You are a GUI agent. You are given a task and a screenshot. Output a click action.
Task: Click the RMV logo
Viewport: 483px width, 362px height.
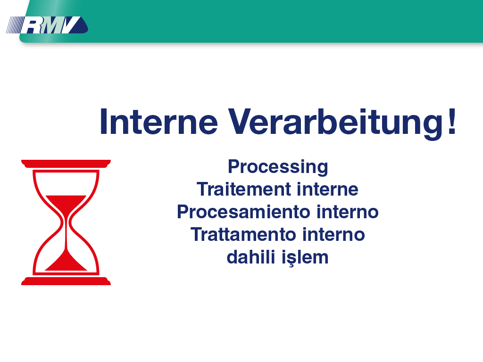[x=47, y=25]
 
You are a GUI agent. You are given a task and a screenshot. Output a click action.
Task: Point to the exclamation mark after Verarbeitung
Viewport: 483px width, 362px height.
[x=452, y=121]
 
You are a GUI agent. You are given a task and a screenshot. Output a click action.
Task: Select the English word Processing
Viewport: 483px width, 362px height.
[x=278, y=167]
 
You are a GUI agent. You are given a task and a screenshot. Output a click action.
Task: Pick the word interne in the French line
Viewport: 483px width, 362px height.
[x=327, y=189]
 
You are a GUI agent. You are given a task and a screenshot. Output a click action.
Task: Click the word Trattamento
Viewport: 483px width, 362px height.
[x=243, y=235]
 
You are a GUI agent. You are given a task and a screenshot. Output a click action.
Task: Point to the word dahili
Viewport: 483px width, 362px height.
[x=251, y=257]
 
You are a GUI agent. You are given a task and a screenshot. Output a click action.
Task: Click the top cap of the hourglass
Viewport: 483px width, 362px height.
[x=66, y=164]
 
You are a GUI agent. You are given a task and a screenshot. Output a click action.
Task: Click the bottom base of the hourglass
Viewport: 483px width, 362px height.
[x=66, y=281]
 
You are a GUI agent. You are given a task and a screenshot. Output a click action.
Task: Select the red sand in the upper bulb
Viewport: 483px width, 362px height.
[x=66, y=205]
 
